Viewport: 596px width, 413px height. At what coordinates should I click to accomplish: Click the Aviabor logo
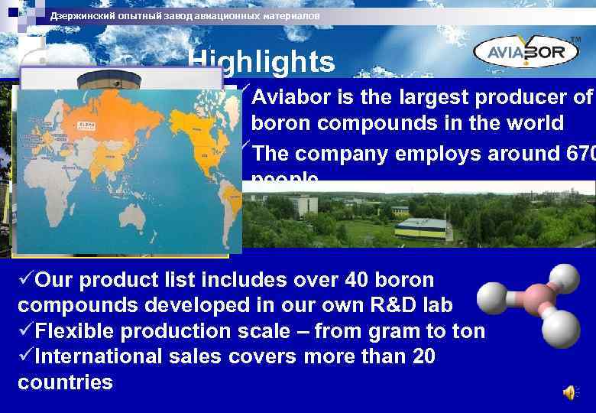(528, 51)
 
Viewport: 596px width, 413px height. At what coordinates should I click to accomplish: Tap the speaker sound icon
(569, 393)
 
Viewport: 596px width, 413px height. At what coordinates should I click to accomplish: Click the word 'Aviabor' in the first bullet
(289, 98)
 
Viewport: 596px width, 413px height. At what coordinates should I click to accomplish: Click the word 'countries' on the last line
(65, 382)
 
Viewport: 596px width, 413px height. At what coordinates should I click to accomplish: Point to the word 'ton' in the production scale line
(467, 331)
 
